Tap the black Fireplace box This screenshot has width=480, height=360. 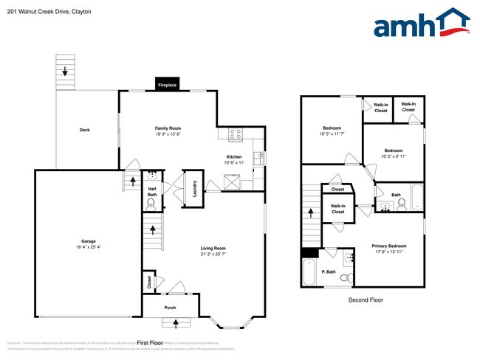coord(168,85)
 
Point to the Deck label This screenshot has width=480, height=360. coord(85,131)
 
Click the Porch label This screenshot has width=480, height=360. coord(171,308)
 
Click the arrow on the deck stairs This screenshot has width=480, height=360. coord(65,72)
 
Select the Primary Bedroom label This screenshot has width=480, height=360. coord(388,246)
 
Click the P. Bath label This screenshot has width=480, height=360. coord(328,272)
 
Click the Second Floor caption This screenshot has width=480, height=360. coord(366,300)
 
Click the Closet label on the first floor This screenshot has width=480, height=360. coord(149,281)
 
